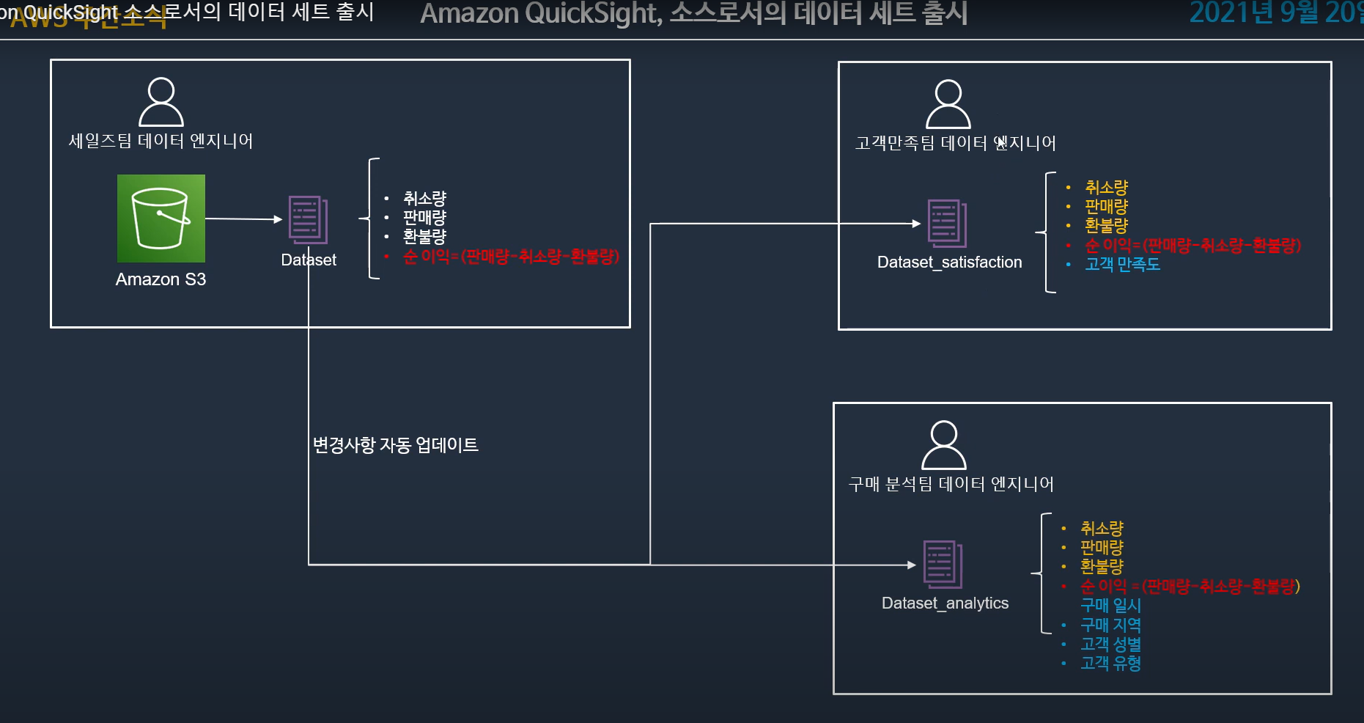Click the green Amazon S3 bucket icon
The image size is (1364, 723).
coord(161,219)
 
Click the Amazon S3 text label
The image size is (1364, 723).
coord(161,279)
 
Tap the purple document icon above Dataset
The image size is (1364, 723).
coord(308,219)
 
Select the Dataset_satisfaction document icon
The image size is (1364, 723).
coord(947,223)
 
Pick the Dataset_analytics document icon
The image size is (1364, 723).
coord(943,564)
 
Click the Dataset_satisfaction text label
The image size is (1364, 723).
coord(949,263)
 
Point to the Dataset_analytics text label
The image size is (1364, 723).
coord(945,603)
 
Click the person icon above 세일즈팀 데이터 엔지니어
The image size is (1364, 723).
coord(161,102)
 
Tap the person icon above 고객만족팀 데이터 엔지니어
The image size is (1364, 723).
coord(948,104)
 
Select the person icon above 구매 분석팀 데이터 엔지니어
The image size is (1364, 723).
coord(944,445)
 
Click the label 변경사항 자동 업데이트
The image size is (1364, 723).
coord(395,445)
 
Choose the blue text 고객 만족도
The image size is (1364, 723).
coord(1122,264)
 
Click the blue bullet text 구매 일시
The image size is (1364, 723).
coord(1110,606)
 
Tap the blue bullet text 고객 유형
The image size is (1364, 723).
coord(1110,664)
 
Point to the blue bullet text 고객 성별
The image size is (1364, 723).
coord(1110,645)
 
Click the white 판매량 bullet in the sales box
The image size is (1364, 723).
coord(424,218)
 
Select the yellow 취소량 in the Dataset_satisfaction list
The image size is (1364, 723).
coord(1106,188)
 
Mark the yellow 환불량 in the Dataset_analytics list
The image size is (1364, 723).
coord(1102,567)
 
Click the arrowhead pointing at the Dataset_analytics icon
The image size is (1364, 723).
coord(912,565)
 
